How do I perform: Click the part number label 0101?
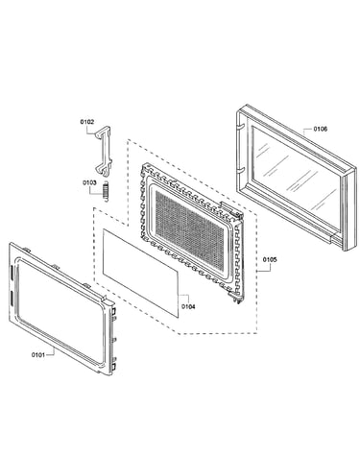click(38, 354)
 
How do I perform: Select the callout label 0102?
click(87, 122)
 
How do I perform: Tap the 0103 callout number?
click(89, 182)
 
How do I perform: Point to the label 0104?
click(188, 306)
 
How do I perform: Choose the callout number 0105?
click(270, 259)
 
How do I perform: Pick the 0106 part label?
click(320, 129)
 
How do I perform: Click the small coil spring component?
click(106, 192)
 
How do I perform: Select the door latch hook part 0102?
click(103, 151)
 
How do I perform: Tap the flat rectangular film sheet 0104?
click(140, 273)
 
